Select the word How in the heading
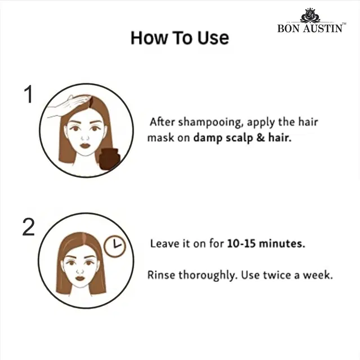click(149, 38)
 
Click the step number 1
click(29, 94)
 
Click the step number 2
click(29, 227)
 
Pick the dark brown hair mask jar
click(109, 159)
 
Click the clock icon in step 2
click(115, 246)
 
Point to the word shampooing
click(211, 122)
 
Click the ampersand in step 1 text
click(261, 138)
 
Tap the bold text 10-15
click(241, 243)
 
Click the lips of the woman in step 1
click(85, 145)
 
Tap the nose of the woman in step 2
click(80, 271)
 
